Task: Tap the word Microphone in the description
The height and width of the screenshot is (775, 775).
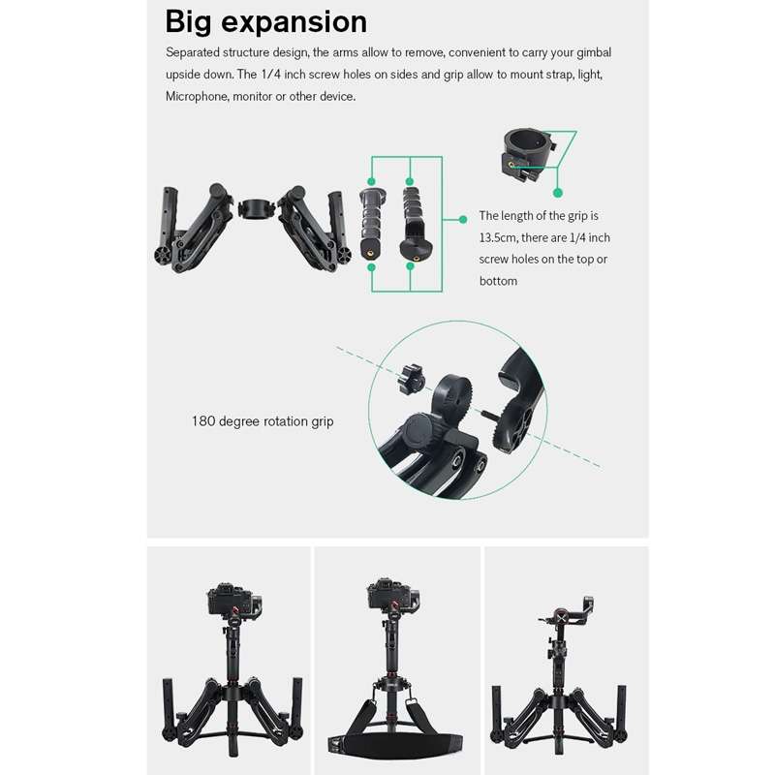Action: click(198, 96)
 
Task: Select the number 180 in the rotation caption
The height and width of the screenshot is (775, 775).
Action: click(202, 421)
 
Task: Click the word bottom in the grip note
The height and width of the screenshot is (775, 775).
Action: click(498, 281)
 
